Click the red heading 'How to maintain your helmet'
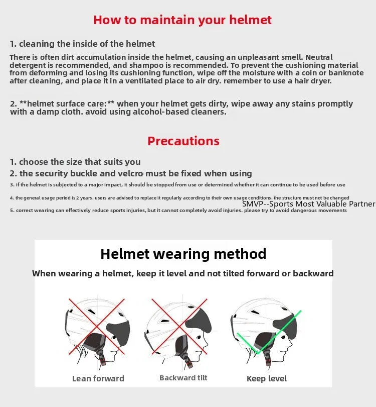coord(182,20)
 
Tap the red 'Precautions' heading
coord(183,141)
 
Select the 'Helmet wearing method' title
coord(183,254)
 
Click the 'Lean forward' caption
coord(98,378)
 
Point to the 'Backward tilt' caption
coord(183,377)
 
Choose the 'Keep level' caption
coord(267,378)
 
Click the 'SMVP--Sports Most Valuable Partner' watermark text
coord(308,203)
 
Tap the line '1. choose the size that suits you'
coord(75,162)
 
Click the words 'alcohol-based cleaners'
coord(184,112)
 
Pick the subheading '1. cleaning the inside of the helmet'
coord(83,44)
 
